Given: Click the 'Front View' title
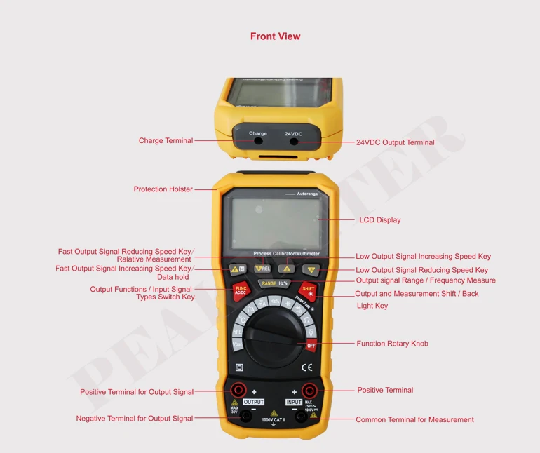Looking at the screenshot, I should (x=275, y=36).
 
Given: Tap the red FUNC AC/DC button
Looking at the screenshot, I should (x=241, y=290).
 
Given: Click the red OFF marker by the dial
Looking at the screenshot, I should (x=311, y=345).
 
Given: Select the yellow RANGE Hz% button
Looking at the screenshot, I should (x=274, y=283).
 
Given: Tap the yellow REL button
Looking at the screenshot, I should (x=262, y=269).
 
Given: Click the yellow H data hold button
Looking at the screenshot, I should (x=238, y=269).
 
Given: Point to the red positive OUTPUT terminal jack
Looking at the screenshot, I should (x=238, y=390).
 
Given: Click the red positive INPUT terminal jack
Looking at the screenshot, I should (x=309, y=390).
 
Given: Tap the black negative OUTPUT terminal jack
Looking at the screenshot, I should (x=246, y=417).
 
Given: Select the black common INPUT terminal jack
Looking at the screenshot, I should (x=301, y=417).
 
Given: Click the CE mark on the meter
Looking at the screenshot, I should (x=306, y=367).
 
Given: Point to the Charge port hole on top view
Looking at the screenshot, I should (x=258, y=141).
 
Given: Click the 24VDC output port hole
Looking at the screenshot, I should (x=293, y=141).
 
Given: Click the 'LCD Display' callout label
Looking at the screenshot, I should (x=379, y=220).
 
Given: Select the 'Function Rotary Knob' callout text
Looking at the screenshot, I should (x=392, y=344).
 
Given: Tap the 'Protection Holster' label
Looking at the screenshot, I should (x=163, y=189).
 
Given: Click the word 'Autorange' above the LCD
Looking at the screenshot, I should (x=307, y=194).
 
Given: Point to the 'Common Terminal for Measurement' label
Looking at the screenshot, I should (x=414, y=420).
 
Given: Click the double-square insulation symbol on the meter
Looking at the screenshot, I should (x=240, y=367).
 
